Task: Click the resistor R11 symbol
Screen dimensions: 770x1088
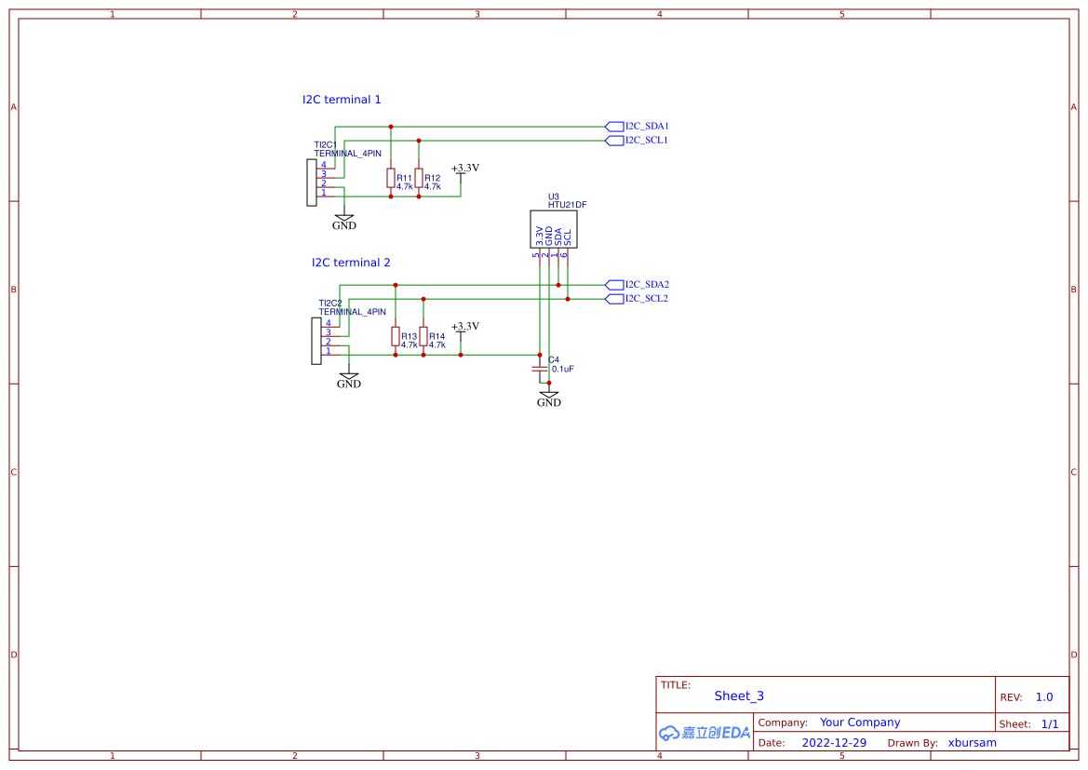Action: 391,178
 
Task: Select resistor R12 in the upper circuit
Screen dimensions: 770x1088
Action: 419,178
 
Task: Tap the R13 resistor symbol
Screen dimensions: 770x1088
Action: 396,336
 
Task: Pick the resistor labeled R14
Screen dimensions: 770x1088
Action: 423,336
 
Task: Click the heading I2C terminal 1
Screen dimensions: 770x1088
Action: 342,100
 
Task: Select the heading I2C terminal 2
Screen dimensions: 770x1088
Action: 351,263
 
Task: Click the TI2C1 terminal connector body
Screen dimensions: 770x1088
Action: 312,182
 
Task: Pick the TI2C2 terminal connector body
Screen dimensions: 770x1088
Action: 316,341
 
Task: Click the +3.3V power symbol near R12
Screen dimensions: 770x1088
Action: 464,169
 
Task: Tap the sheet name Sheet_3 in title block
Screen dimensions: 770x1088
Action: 739,696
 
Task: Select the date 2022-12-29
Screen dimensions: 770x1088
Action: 834,743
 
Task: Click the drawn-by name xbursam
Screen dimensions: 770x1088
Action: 972,743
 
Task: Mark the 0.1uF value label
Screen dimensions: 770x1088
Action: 563,370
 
